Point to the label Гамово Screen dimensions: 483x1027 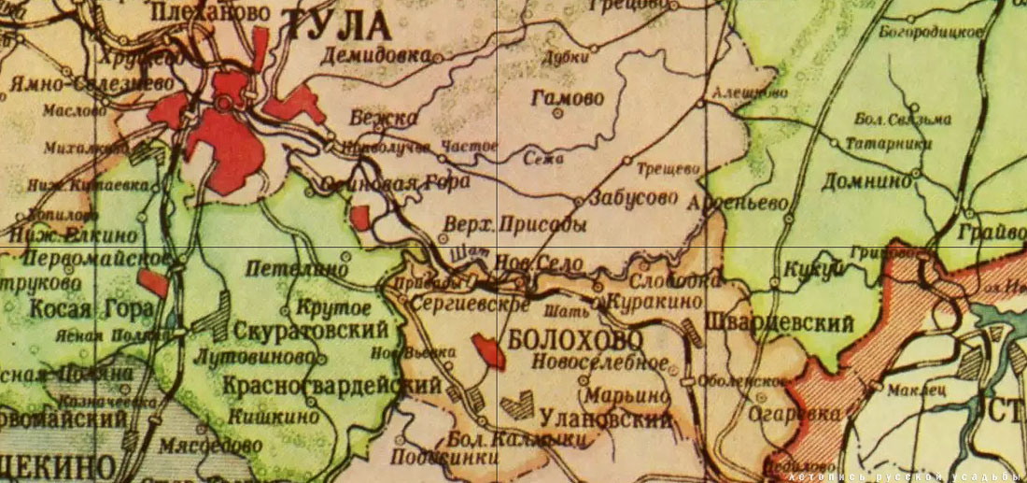tap(566, 97)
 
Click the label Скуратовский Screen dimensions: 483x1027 tap(311, 331)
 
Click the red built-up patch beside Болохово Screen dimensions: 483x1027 tap(487, 350)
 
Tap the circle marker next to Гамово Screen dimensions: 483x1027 tap(558, 114)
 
